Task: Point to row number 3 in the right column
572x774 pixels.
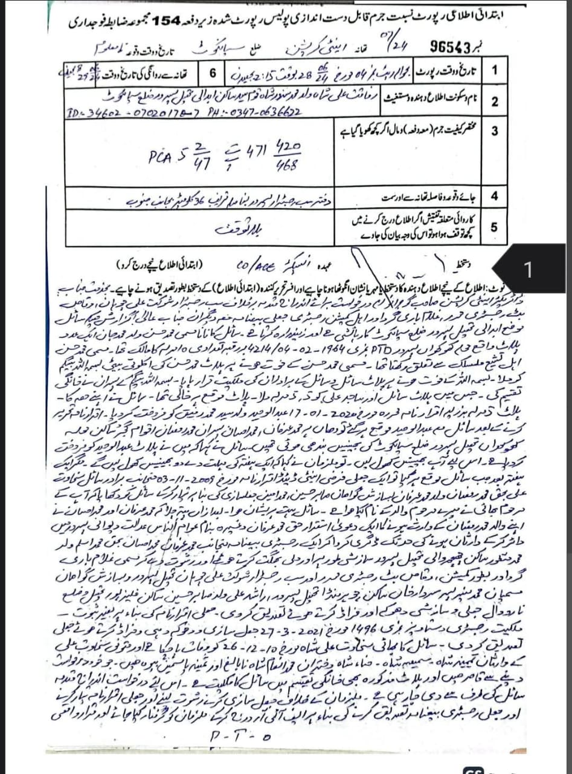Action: [x=494, y=131]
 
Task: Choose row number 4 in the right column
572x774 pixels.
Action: [x=494, y=197]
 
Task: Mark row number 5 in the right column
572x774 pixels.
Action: [x=494, y=227]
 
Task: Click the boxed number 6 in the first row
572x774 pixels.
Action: [x=212, y=73]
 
